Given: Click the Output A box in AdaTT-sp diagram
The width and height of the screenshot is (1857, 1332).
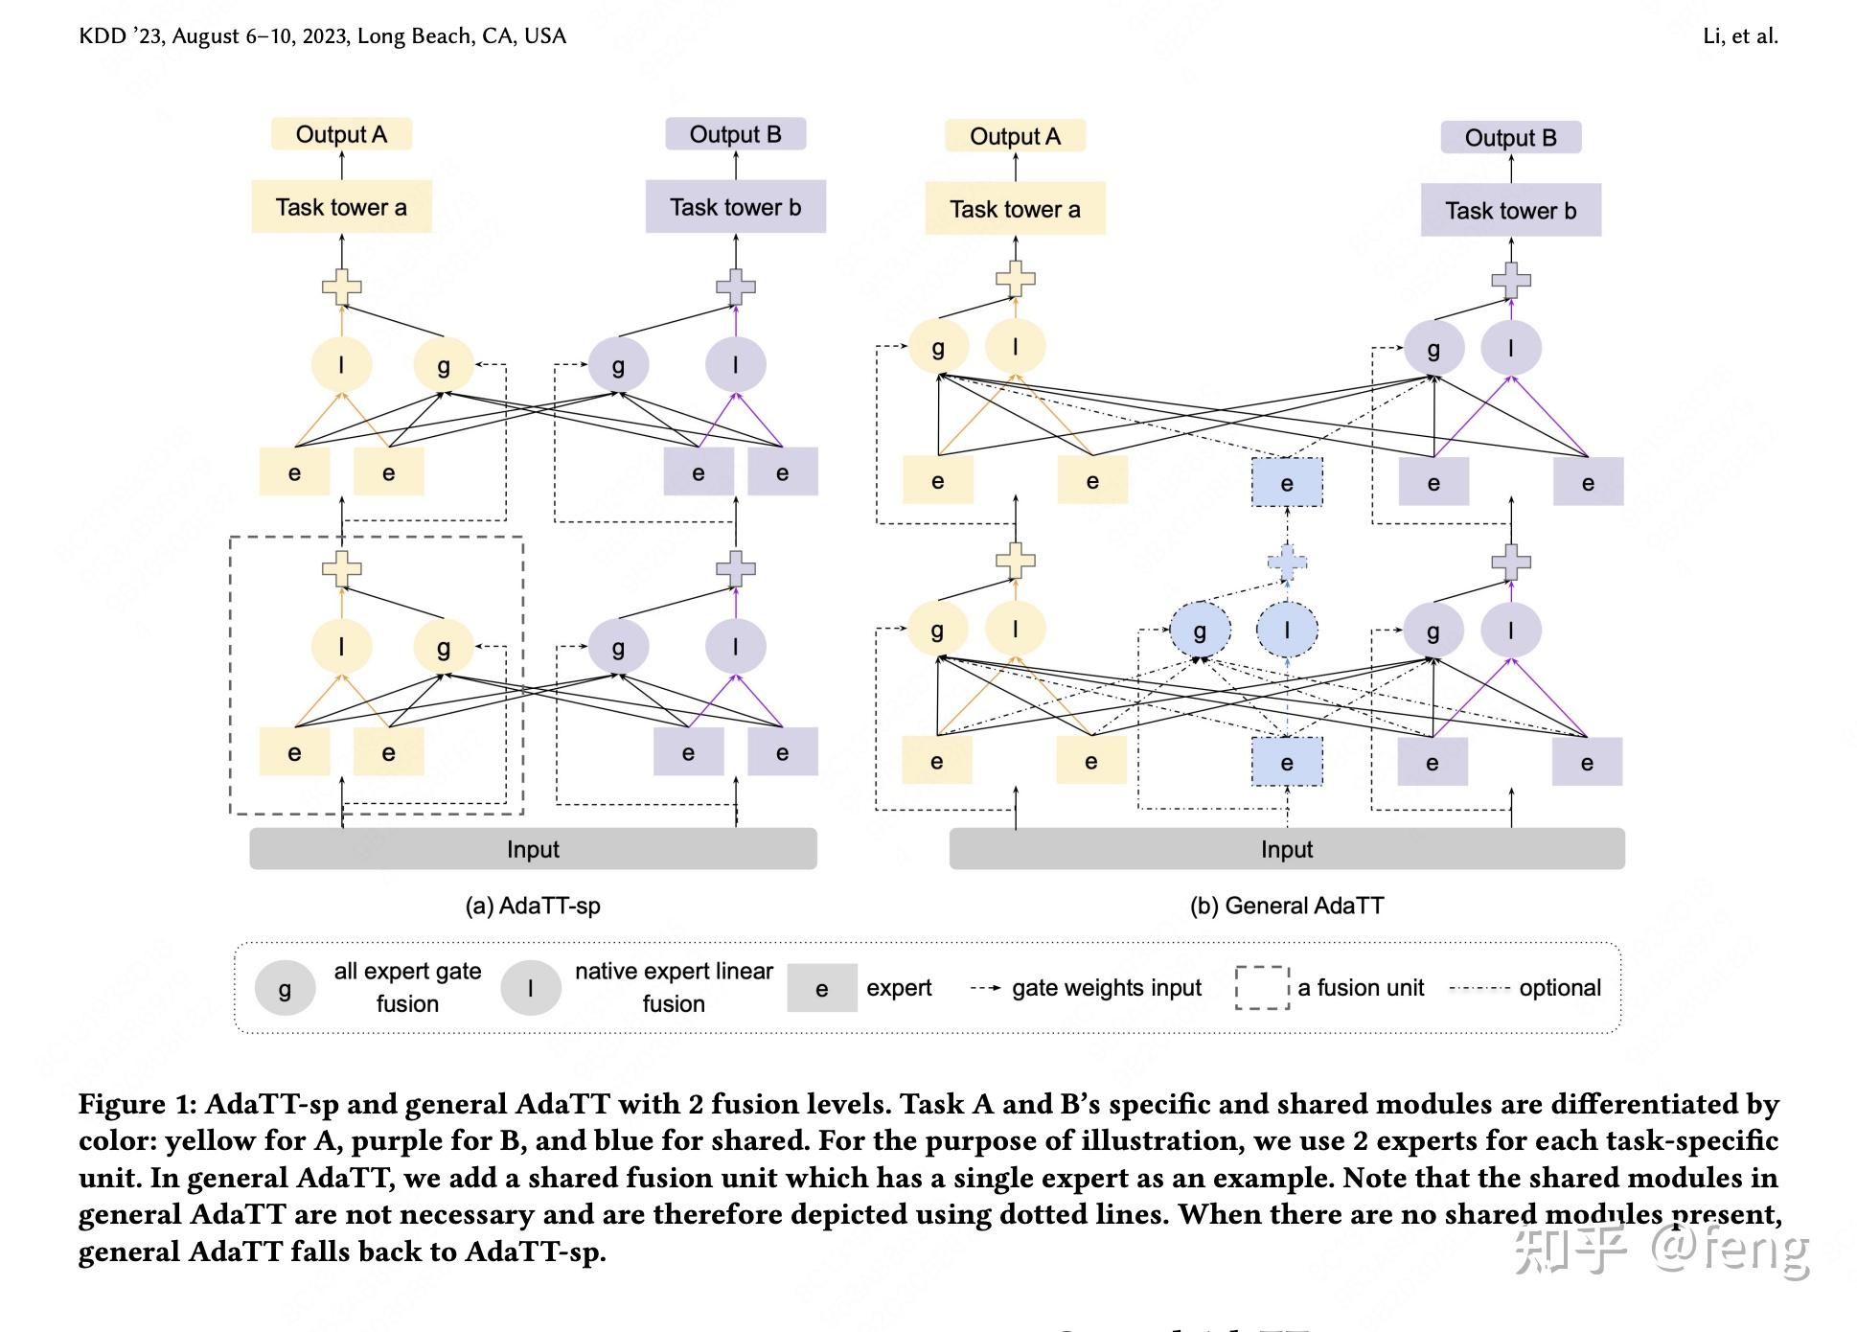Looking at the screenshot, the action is [x=341, y=134].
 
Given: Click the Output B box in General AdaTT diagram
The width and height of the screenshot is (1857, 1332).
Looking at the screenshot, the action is [x=1511, y=137].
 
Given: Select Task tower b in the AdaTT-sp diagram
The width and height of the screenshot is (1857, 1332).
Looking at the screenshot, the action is [x=735, y=206].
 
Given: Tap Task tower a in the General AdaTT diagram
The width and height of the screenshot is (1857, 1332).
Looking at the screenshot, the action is [x=1015, y=209].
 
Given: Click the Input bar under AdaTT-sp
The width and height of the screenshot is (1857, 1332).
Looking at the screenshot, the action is [x=533, y=849].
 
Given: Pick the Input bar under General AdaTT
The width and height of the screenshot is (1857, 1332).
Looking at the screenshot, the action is [x=1287, y=849].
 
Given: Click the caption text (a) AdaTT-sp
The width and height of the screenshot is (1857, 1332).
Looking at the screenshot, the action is [x=533, y=906].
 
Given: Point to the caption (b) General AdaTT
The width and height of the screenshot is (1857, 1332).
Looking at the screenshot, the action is [x=1287, y=906].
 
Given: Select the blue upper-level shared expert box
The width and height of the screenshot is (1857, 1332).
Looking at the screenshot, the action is [x=1287, y=483].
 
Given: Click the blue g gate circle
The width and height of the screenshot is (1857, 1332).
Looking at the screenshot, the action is [x=1200, y=631].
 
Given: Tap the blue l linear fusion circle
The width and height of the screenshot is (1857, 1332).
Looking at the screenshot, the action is [x=1287, y=631].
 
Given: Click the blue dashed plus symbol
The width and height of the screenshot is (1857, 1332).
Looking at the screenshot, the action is [x=1287, y=563].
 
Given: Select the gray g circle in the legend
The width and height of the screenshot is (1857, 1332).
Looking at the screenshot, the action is [x=285, y=988].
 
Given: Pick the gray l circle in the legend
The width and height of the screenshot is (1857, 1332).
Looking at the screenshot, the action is [x=531, y=988].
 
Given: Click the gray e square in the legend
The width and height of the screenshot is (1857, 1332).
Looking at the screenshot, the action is [x=822, y=988].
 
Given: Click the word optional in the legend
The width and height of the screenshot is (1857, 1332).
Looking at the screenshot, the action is [x=1560, y=988].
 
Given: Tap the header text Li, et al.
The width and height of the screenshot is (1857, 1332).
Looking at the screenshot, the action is [x=1740, y=36].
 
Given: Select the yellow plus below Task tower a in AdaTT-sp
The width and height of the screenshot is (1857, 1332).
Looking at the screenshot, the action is [x=341, y=287].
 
